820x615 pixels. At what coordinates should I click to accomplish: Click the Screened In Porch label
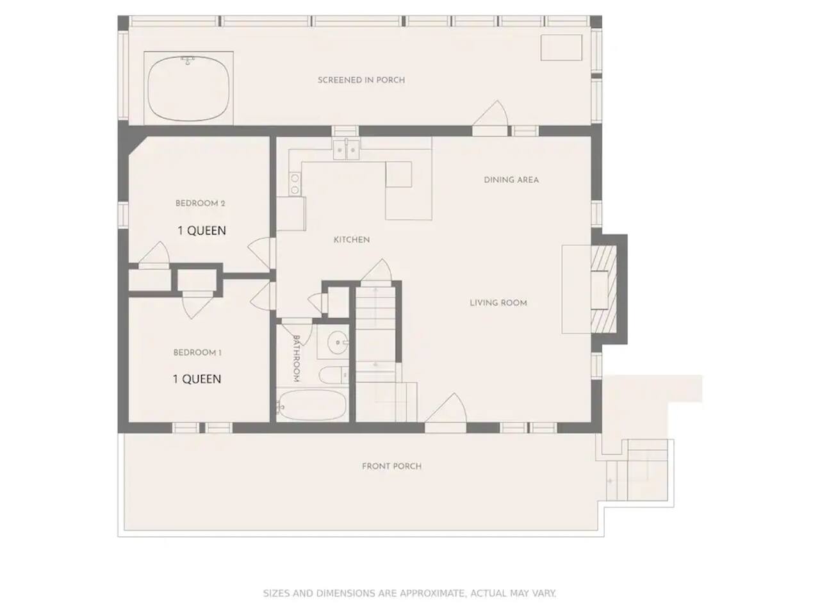[361, 80]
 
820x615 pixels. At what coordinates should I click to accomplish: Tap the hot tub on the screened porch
[188, 88]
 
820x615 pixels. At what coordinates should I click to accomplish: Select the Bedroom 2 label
[201, 204]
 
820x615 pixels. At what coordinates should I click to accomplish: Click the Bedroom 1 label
[197, 352]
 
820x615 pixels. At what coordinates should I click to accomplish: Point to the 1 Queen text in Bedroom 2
[202, 231]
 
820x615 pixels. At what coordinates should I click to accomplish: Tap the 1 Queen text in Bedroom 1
[197, 379]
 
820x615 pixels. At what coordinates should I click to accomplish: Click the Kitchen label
[352, 240]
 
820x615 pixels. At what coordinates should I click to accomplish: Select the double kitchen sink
[347, 150]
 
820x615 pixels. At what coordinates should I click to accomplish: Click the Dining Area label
[511, 180]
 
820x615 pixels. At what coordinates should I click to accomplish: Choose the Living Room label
[498, 303]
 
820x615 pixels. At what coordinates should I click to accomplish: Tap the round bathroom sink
[338, 341]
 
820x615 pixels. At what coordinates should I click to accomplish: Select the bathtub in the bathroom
[311, 405]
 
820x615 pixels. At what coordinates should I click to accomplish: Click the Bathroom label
[296, 359]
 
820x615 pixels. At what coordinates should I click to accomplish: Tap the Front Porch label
[391, 466]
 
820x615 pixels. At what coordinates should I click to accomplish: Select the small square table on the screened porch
[561, 47]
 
